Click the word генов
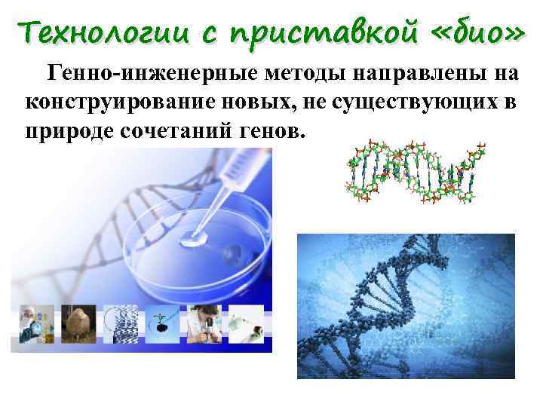(x=272, y=130)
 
